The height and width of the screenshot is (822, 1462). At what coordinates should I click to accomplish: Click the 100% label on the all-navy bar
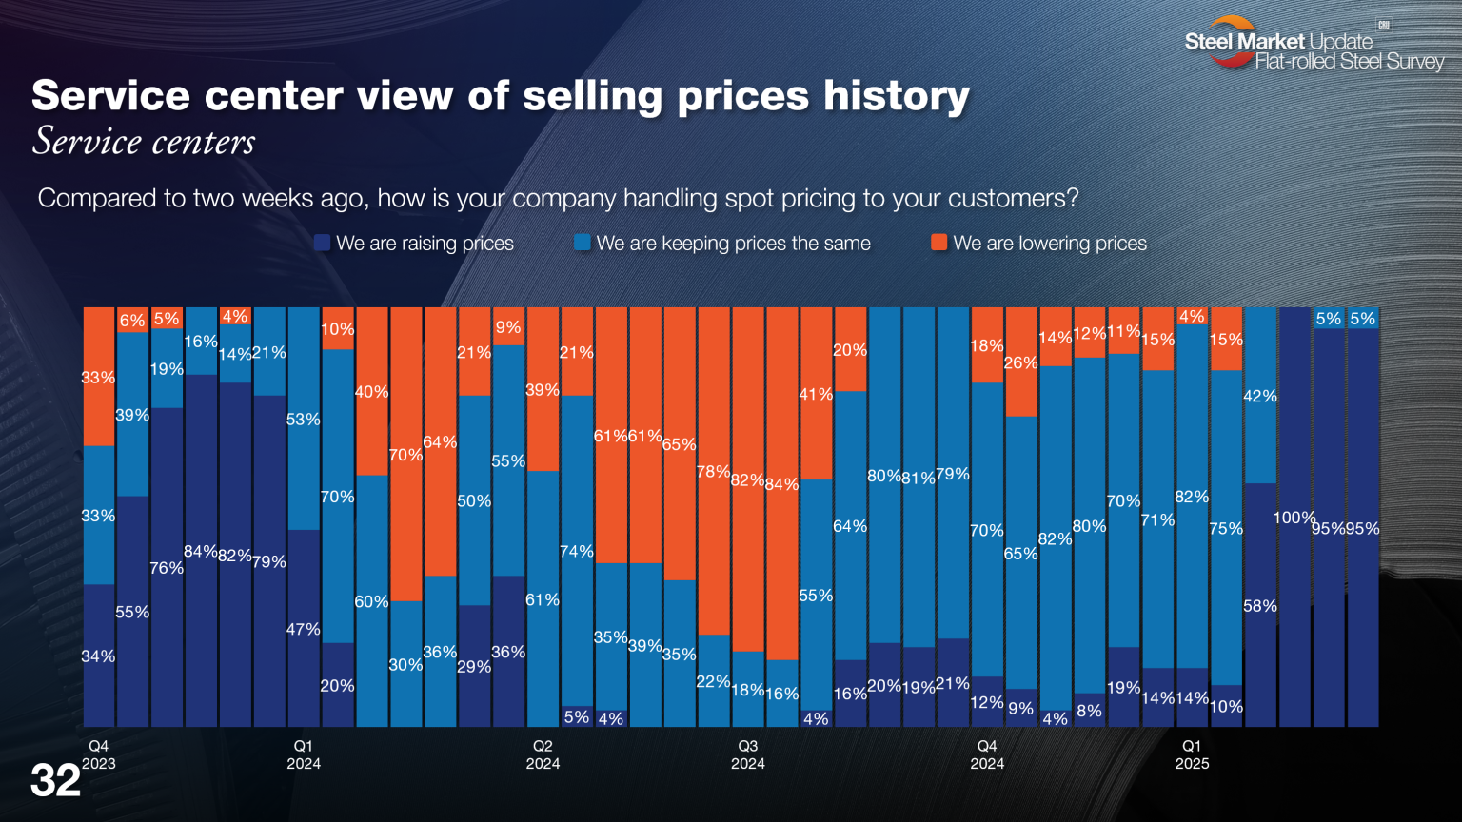click(1294, 518)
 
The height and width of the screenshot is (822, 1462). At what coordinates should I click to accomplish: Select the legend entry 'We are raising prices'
click(425, 244)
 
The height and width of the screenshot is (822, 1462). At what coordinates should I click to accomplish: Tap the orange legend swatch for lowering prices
click(939, 243)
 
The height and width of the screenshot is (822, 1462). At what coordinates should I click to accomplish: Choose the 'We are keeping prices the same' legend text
click(733, 244)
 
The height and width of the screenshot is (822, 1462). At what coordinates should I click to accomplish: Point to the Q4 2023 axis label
click(99, 754)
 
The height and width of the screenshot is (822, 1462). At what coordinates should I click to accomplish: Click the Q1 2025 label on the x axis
click(1192, 754)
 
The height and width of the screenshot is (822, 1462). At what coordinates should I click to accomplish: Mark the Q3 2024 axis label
click(747, 754)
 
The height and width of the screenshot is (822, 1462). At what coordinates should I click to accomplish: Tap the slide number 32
click(55, 781)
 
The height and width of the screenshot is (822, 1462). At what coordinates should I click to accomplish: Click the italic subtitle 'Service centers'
click(144, 142)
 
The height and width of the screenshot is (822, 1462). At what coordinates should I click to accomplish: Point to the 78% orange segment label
click(713, 471)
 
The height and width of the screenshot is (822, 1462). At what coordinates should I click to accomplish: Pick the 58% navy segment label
click(1260, 606)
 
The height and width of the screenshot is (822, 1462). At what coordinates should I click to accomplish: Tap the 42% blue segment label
click(1260, 396)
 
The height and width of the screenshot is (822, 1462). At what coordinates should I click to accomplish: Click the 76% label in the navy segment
click(167, 568)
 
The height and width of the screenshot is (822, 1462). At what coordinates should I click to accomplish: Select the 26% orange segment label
click(1020, 362)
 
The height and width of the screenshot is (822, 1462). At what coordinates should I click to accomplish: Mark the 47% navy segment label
click(304, 629)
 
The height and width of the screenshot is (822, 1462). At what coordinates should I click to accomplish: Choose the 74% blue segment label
click(577, 551)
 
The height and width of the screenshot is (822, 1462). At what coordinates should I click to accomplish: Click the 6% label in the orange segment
click(132, 322)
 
